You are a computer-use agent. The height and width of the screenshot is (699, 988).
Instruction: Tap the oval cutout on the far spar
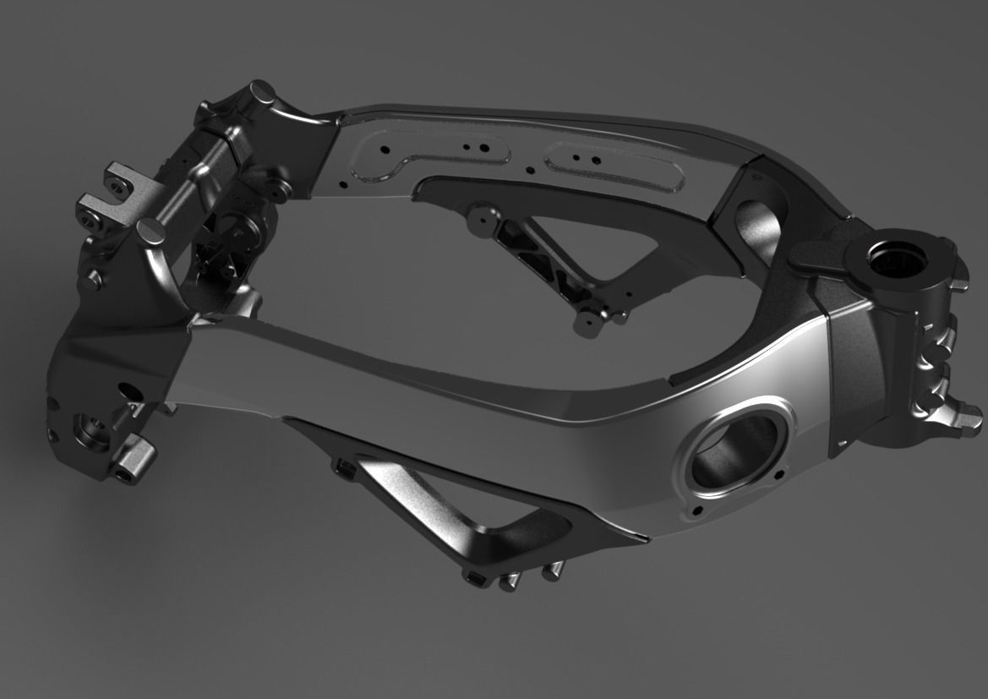click(x=754, y=221)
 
